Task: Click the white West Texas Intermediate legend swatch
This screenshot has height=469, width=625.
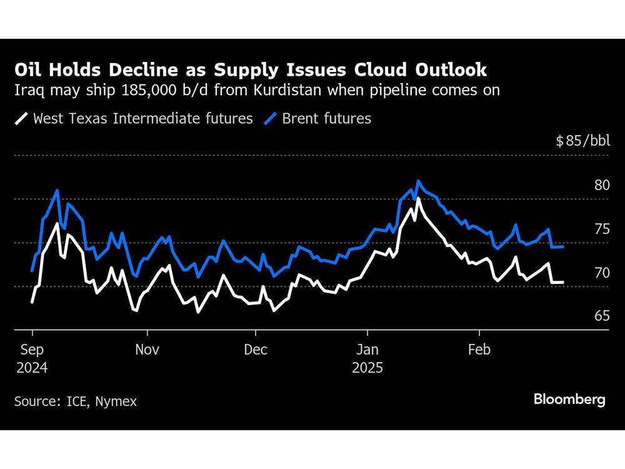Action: [x=21, y=118]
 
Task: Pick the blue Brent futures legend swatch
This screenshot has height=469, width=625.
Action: [x=271, y=118]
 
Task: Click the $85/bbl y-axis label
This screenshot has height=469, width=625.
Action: [x=582, y=141]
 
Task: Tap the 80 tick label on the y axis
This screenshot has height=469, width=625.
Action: [x=602, y=185]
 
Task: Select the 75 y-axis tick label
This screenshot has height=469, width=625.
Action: [x=602, y=229]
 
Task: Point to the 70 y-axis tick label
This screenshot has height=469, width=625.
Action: [x=602, y=273]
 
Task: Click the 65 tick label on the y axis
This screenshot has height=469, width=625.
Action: [x=602, y=316]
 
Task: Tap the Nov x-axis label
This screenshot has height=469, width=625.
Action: [x=147, y=350]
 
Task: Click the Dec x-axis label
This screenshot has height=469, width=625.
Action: [x=256, y=350]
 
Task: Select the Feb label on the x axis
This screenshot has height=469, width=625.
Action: [x=479, y=350]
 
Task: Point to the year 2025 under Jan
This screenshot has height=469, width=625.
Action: [x=367, y=368]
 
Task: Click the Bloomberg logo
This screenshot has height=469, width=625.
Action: [x=569, y=400]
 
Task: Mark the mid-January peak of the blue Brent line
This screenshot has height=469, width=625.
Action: [x=418, y=181]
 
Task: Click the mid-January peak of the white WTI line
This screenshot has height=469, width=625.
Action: [x=417, y=198]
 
